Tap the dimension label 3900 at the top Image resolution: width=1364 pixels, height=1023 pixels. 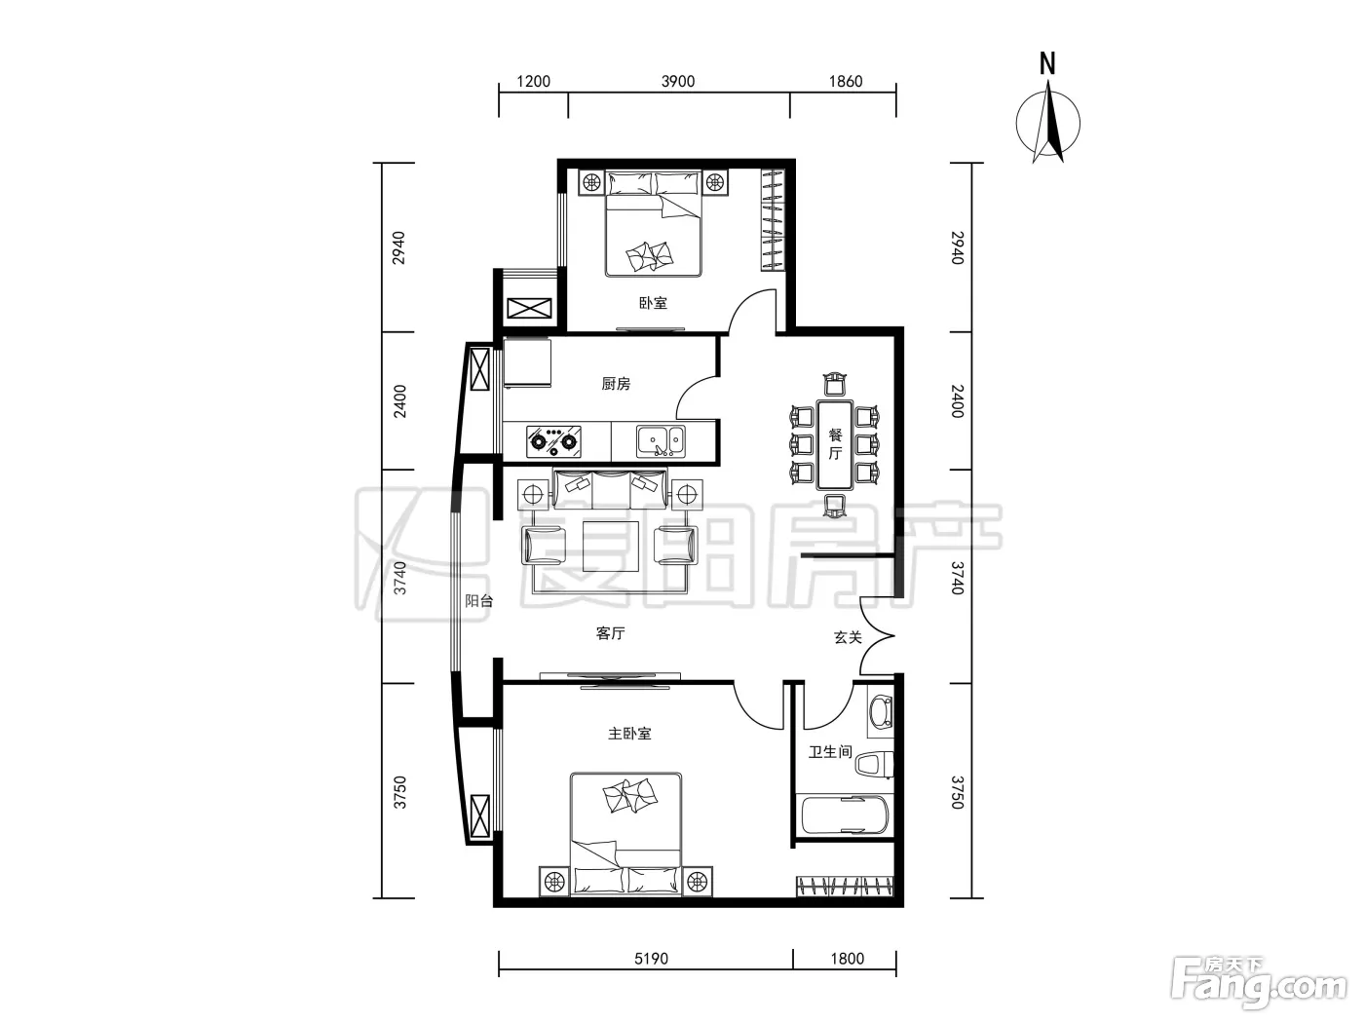pos(678,82)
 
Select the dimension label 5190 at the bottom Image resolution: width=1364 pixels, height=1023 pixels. pos(651,959)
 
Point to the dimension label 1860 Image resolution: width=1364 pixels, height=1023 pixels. pos(845,82)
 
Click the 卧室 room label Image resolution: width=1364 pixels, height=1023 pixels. pos(653,303)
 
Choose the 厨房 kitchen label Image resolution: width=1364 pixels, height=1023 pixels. pos(616,384)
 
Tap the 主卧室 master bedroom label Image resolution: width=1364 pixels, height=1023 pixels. pos(629,734)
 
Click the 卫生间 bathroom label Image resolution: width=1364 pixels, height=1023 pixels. pos(830,752)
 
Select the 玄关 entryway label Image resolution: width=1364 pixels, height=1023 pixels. pos(848,637)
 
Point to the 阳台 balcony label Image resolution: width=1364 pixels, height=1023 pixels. pos(478,600)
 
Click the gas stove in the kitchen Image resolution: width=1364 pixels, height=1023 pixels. pos(553,441)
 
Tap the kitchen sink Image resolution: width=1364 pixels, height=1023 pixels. pos(661,441)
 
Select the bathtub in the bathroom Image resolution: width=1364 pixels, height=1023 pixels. pos(845,815)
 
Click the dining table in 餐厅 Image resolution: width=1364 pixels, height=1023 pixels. pos(835,444)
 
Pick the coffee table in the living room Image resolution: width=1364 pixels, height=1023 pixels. pos(611,546)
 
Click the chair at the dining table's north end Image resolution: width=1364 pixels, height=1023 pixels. pos(835,384)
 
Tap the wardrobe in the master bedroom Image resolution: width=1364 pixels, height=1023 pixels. pos(845,885)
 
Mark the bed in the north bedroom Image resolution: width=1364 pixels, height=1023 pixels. pos(653,224)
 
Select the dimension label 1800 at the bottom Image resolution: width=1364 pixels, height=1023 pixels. pos(848,959)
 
